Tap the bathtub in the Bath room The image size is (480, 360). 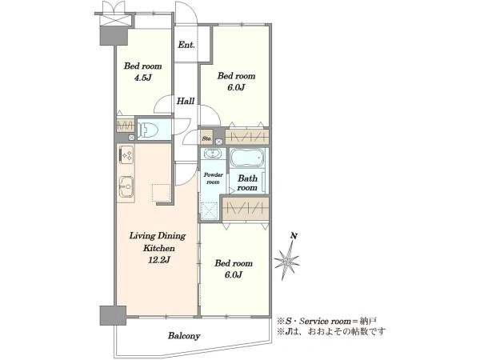[x=247, y=158]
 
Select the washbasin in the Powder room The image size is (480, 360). [x=211, y=153]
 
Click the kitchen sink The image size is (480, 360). [x=126, y=186]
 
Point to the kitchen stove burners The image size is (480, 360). [x=126, y=154]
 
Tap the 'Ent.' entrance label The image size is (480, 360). [x=186, y=45]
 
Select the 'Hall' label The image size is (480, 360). [x=186, y=101]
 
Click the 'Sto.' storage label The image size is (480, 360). [x=206, y=138]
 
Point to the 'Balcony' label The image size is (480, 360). [x=184, y=336]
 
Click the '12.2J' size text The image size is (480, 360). [x=159, y=260]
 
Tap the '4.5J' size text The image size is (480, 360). [x=142, y=78]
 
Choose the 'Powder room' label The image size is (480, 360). [x=214, y=178]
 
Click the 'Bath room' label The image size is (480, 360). [x=247, y=182]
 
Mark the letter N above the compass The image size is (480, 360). [x=294, y=236]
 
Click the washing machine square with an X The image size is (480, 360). [x=209, y=211]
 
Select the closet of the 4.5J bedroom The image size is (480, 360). [x=126, y=126]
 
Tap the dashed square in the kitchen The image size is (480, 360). [x=162, y=193]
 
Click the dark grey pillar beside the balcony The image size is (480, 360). [x=113, y=315]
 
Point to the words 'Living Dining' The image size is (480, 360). [x=158, y=236]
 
